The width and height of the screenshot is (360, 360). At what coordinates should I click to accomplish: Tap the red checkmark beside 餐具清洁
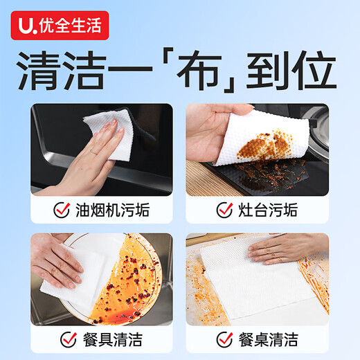point(68,339)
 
